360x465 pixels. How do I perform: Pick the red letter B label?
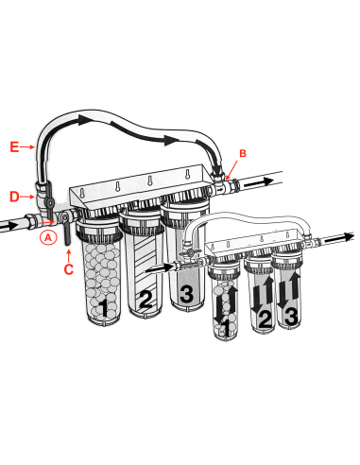pyautogui.click(x=242, y=152)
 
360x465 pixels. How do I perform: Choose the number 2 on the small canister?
pyautogui.click(x=266, y=319)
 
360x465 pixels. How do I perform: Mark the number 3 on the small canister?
pyautogui.click(x=294, y=313)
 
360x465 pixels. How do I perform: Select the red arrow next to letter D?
pyautogui.click(x=28, y=196)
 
